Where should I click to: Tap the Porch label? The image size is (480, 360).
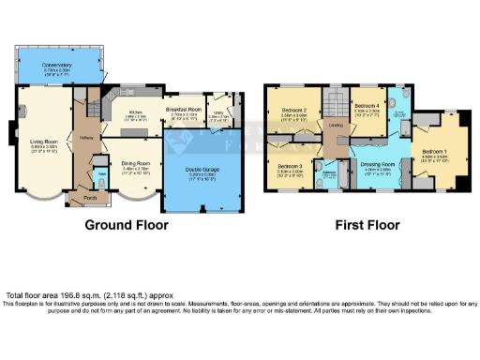point(91,198)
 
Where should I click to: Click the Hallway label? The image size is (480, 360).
point(87,137)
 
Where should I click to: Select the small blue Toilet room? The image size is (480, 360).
point(101,175)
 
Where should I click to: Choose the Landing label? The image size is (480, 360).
point(335,124)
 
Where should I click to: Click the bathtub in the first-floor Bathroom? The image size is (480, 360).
point(331,177)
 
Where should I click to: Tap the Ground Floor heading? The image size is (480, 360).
point(127,225)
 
